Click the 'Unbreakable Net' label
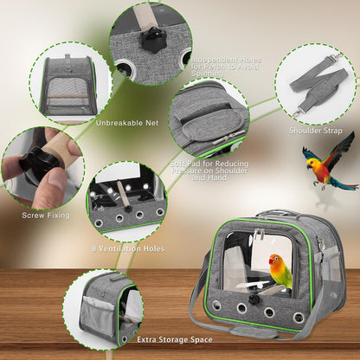pyautogui.click(x=126, y=122)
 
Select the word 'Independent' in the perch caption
pyautogui.click(x=218, y=61)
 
